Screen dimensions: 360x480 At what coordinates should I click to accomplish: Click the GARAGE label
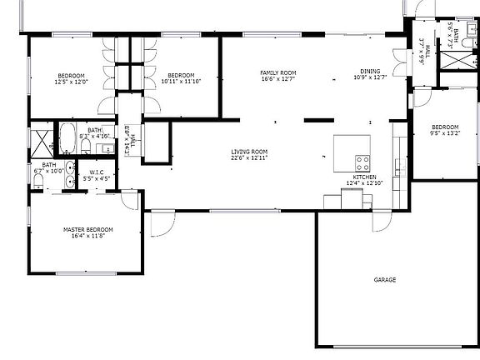coord(384,280)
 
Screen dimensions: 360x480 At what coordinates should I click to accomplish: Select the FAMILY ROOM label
coord(278,72)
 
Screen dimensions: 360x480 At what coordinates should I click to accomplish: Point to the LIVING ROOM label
coord(249,151)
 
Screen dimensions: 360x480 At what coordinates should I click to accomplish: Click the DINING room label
coord(370,72)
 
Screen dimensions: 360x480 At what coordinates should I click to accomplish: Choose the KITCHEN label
coord(364,177)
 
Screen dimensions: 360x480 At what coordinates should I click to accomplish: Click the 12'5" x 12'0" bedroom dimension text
coord(71,82)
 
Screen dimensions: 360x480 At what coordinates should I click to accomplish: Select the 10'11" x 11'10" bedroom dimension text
coord(180,82)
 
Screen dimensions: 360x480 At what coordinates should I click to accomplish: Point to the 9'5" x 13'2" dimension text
coord(444,132)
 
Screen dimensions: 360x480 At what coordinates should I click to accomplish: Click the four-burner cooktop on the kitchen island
coord(363,161)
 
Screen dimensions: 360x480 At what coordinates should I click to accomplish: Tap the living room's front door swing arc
coord(162,222)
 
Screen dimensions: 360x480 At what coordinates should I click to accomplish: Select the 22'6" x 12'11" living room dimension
coord(249,157)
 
